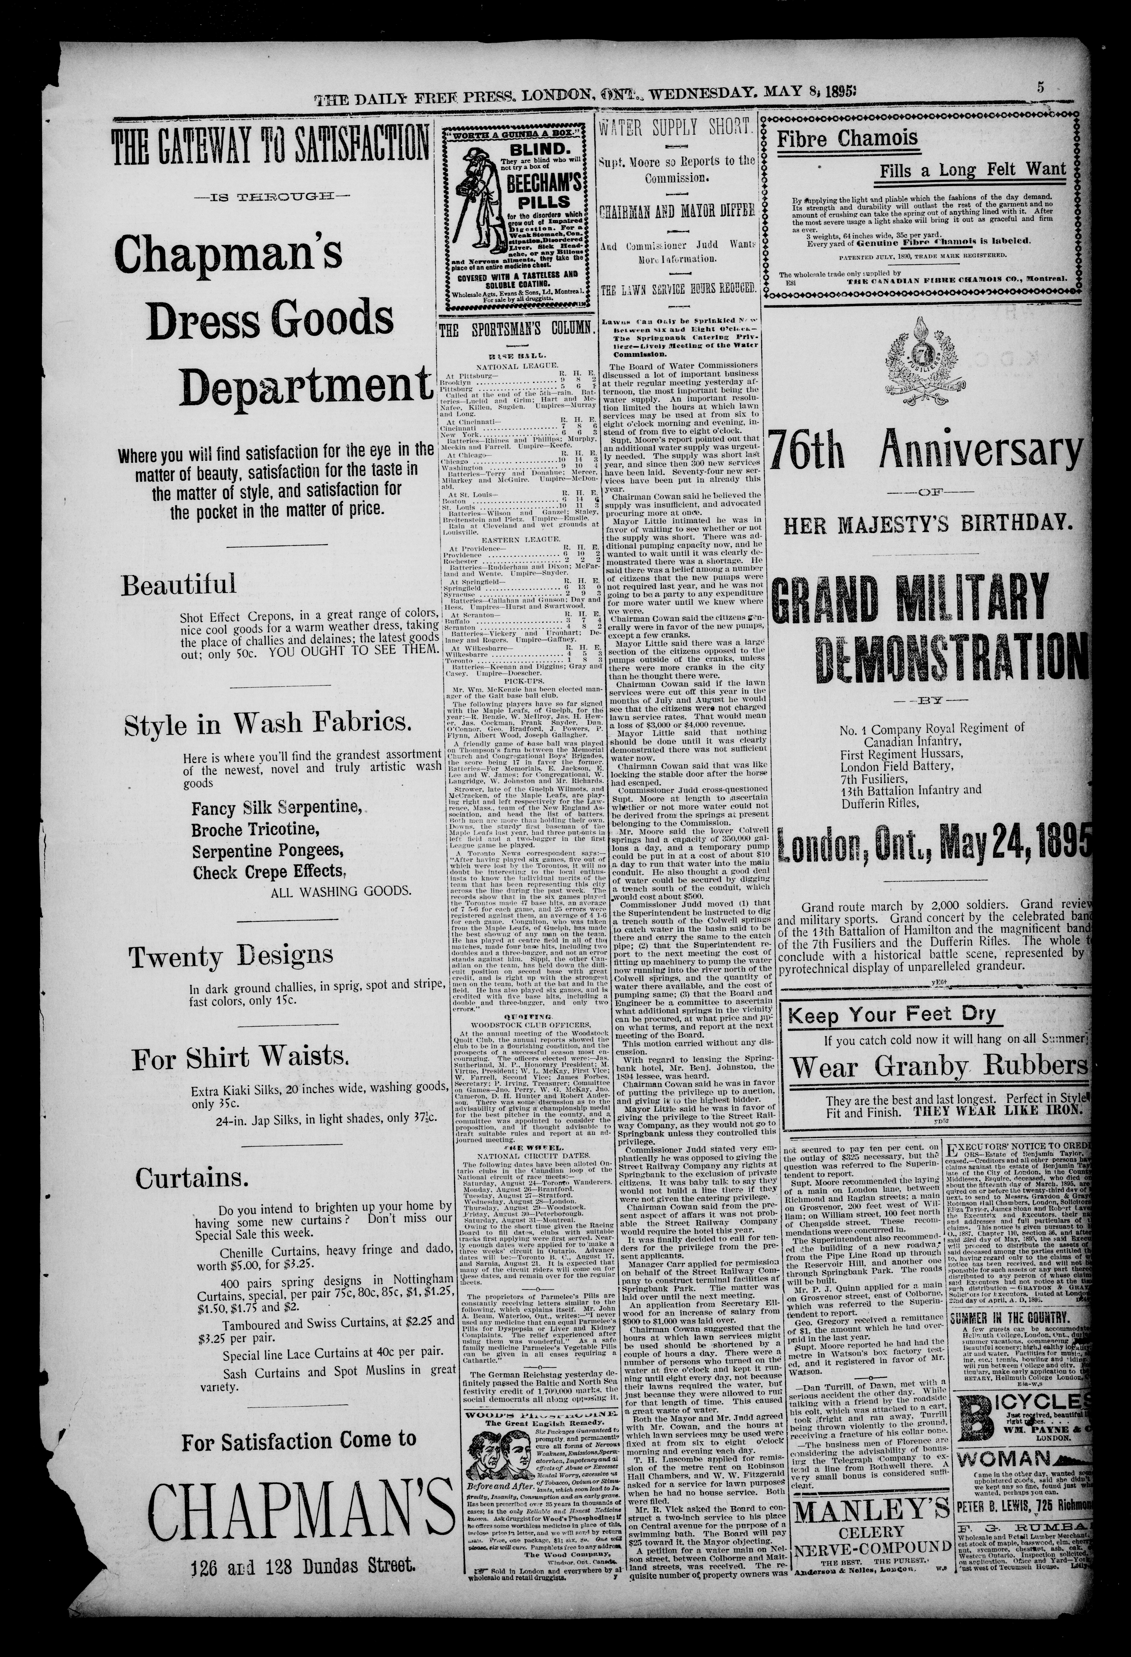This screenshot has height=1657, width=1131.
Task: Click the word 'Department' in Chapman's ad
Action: [305, 386]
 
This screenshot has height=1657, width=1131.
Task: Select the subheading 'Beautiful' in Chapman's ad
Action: [178, 585]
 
